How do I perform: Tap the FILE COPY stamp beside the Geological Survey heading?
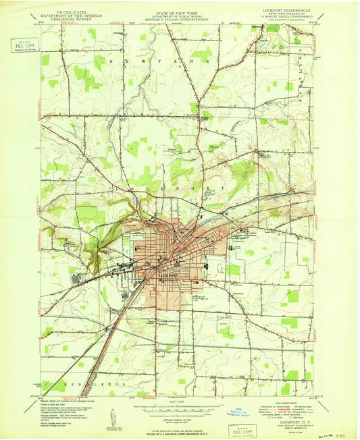click(28, 47)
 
